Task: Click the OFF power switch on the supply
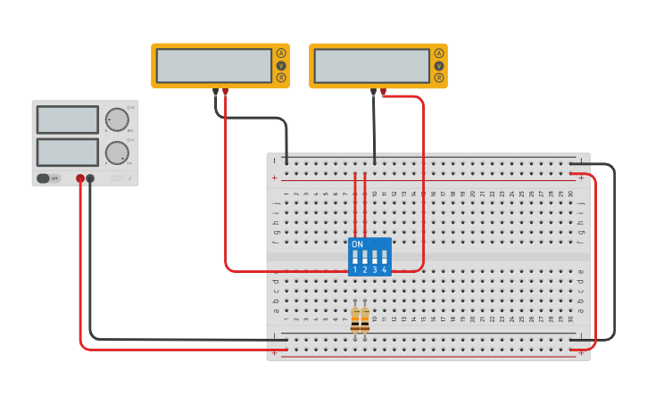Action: tap(48, 178)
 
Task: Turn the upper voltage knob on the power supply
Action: tap(117, 120)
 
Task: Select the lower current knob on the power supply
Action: tap(117, 153)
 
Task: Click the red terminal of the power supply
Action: tap(80, 179)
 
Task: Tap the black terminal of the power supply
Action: tap(90, 179)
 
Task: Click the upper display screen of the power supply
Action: tap(68, 120)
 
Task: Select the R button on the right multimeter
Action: tap(439, 78)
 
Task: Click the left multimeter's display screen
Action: tap(214, 66)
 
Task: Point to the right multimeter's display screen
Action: tap(372, 66)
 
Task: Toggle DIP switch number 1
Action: tap(355, 258)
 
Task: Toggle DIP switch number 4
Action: tap(385, 258)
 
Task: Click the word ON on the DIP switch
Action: tap(358, 243)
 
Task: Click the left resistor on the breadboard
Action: tap(355, 319)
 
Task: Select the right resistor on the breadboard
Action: tap(365, 319)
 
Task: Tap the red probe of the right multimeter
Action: tap(384, 92)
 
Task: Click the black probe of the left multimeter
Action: tap(215, 92)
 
